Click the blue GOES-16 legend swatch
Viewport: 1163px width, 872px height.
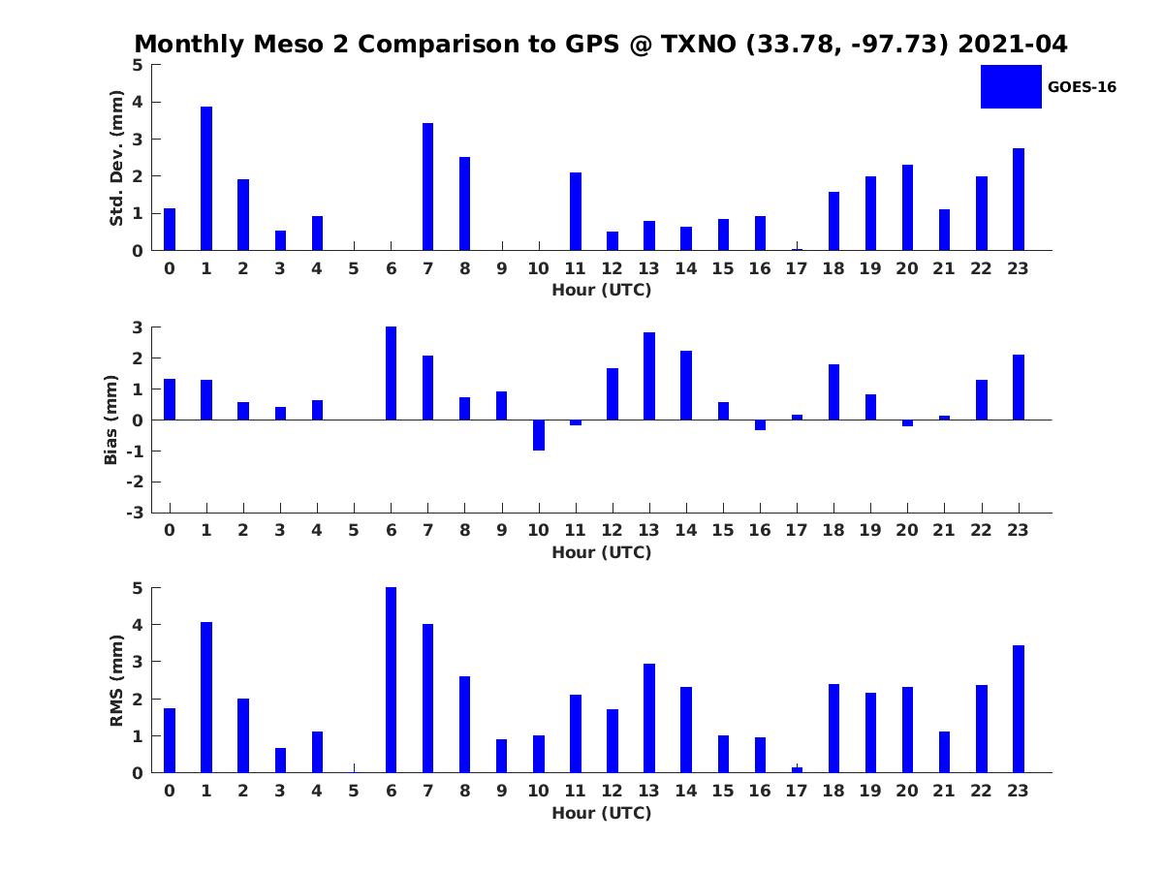[x=1011, y=86]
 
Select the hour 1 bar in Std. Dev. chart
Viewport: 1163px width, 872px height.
[x=206, y=178]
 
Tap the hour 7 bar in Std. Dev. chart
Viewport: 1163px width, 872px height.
[x=427, y=187]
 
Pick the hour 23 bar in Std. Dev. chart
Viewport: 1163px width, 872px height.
[x=1018, y=200]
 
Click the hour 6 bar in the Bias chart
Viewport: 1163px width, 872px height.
[x=391, y=373]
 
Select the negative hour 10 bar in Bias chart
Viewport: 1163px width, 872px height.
[x=539, y=435]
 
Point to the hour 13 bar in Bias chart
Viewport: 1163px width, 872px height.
[x=649, y=377]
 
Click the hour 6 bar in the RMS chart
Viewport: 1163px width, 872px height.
[x=391, y=680]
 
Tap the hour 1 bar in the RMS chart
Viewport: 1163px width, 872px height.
[x=206, y=698]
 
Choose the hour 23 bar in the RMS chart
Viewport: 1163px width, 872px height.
[x=1018, y=709]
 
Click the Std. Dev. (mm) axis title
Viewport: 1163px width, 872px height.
[x=116, y=158]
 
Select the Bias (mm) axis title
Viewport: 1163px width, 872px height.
[x=110, y=420]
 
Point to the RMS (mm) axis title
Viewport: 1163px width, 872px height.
[x=116, y=680]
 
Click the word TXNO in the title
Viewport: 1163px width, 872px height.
[x=699, y=44]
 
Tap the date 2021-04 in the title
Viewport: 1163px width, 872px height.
[x=1013, y=44]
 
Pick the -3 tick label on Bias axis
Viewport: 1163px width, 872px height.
[x=135, y=513]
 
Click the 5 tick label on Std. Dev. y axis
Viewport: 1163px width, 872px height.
[x=138, y=65]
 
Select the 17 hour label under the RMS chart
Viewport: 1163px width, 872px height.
[x=797, y=791]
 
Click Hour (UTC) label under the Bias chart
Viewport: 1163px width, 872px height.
[x=602, y=552]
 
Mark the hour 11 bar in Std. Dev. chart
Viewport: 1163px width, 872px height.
[x=576, y=212]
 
